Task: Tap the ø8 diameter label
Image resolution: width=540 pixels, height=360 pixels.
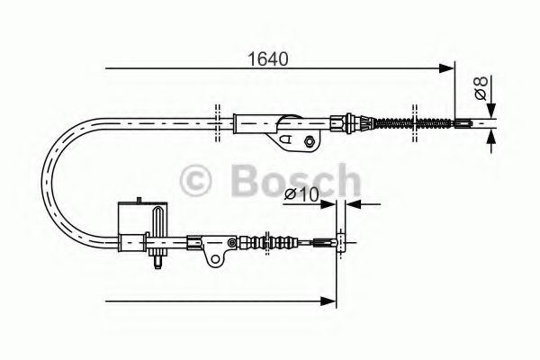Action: (x=481, y=89)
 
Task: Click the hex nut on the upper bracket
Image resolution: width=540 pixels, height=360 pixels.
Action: (x=310, y=139)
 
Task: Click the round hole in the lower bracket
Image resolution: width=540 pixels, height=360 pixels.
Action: (x=215, y=259)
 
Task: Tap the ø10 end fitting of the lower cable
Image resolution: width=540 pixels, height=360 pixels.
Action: (x=339, y=240)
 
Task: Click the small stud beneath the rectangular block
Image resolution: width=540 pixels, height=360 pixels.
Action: (x=157, y=262)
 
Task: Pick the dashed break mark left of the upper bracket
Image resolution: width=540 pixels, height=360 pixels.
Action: (x=218, y=123)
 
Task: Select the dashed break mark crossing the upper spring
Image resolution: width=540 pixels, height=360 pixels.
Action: (x=414, y=123)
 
